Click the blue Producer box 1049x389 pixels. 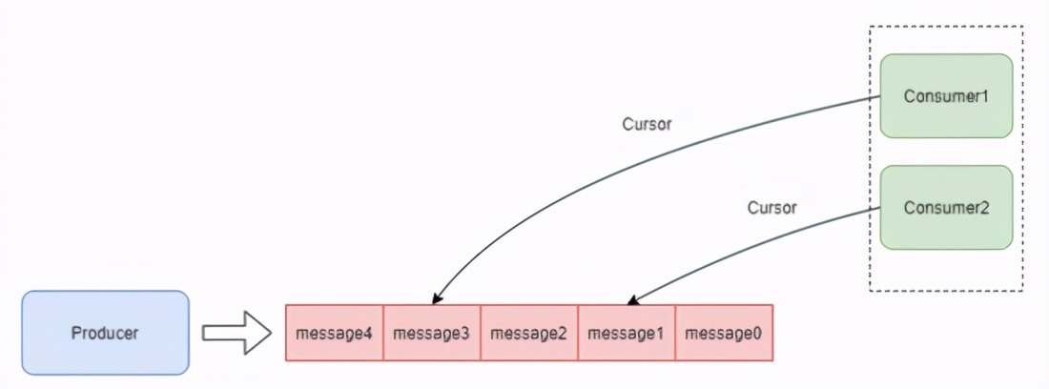(x=105, y=333)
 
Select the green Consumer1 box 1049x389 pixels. (x=945, y=95)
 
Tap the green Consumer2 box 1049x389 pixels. (x=945, y=207)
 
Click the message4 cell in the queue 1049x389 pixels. (x=335, y=333)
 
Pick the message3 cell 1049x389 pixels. (x=432, y=333)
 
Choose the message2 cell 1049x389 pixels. (x=529, y=333)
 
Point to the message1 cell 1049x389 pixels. (x=627, y=333)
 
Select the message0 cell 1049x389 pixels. (x=724, y=333)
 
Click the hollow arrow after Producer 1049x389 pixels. (x=237, y=333)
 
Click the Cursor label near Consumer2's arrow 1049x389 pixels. (x=771, y=207)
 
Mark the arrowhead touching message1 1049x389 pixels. (x=630, y=299)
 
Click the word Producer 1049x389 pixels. (x=105, y=333)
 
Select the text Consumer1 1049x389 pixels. (x=945, y=95)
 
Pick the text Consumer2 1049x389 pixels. (x=945, y=207)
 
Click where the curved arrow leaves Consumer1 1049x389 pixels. (x=879, y=96)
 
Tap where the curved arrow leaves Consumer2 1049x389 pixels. (x=879, y=208)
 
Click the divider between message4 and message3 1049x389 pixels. (x=383, y=333)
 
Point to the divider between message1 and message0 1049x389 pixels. (x=675, y=333)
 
